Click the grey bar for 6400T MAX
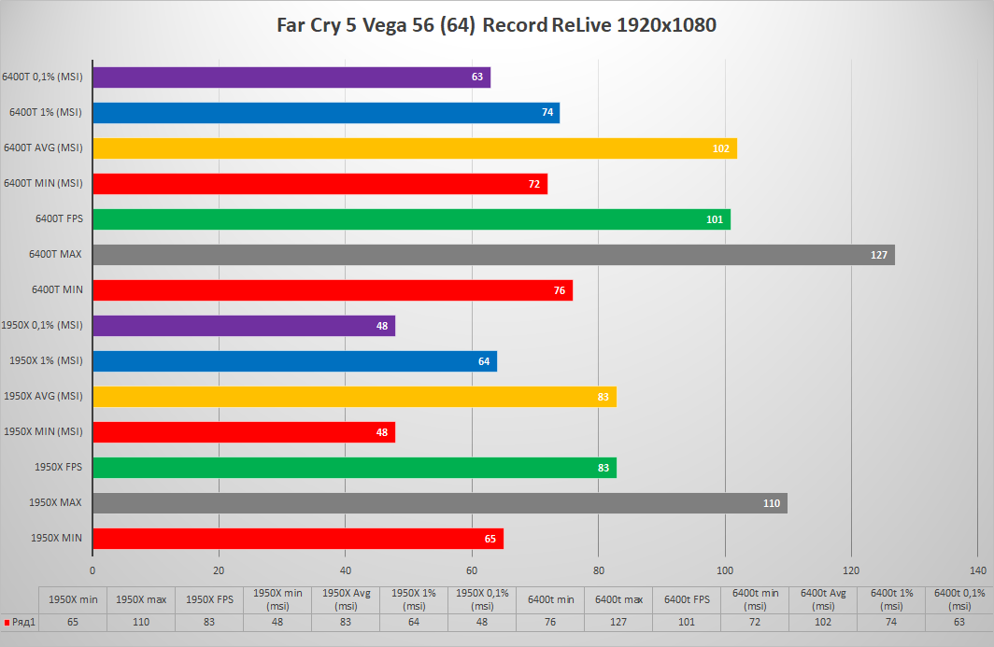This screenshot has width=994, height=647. [x=493, y=255]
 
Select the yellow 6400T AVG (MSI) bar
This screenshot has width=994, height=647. [x=414, y=148]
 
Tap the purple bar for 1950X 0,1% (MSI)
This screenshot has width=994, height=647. [x=243, y=326]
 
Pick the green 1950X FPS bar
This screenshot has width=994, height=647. [x=354, y=468]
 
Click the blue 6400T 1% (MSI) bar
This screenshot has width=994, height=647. [x=325, y=113]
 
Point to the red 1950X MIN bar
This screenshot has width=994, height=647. [x=297, y=539]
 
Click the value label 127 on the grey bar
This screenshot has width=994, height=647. [x=878, y=255]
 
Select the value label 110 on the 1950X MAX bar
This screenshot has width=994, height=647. [x=771, y=503]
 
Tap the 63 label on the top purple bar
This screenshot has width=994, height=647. [x=476, y=77]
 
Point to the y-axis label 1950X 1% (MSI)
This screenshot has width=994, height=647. [x=46, y=361]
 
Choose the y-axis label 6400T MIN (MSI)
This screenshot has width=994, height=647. [x=43, y=184]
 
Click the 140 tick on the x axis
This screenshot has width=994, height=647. [x=978, y=570]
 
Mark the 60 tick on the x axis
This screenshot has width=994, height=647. [x=472, y=570]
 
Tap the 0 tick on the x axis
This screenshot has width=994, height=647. [x=92, y=570]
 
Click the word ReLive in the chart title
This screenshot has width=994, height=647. [x=579, y=25]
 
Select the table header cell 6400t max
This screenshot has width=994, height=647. [x=618, y=599]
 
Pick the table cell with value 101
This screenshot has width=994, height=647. [x=687, y=622]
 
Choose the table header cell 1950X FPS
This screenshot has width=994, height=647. [x=208, y=599]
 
